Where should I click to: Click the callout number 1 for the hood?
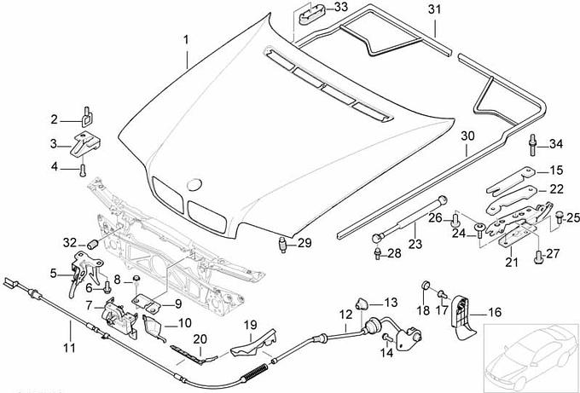click(188, 38)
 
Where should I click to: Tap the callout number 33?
click(340, 8)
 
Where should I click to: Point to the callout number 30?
click(467, 136)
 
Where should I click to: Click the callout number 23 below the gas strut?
click(415, 244)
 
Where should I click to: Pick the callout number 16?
click(495, 313)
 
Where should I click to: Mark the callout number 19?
click(250, 324)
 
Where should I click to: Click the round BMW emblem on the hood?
click(194, 184)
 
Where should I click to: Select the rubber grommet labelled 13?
click(362, 302)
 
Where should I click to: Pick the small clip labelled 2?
click(87, 111)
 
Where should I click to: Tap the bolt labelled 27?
click(538, 254)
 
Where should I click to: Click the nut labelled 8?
click(136, 280)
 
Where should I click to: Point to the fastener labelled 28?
click(376, 252)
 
